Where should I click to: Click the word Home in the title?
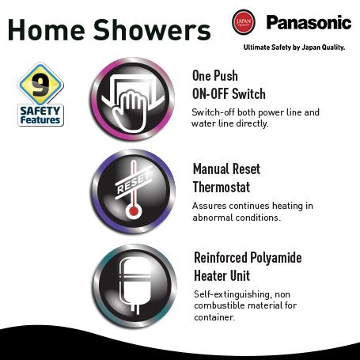click(47, 29)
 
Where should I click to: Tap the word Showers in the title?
click(152, 29)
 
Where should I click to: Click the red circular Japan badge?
click(244, 21)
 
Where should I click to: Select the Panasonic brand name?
click(309, 22)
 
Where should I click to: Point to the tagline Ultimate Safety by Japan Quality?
click(294, 47)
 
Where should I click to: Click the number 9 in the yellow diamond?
click(40, 85)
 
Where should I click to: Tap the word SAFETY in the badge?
click(40, 111)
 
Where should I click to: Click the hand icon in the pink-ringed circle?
click(130, 110)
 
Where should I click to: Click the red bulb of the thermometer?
click(134, 211)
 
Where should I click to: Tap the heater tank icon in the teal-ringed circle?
click(135, 285)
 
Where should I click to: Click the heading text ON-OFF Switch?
click(229, 93)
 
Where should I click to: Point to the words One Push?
click(215, 76)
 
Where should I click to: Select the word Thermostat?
click(222, 188)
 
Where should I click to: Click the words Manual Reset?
click(226, 169)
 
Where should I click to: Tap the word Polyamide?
click(275, 258)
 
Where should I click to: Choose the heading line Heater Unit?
click(222, 276)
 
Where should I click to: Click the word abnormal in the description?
click(213, 218)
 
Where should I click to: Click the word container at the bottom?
click(214, 317)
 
